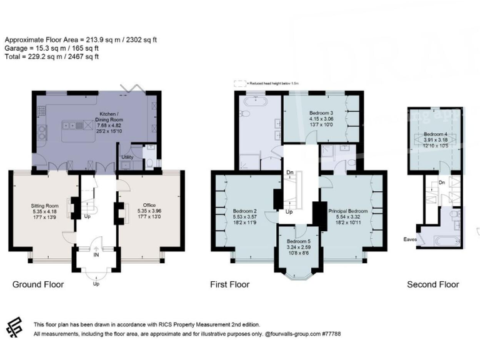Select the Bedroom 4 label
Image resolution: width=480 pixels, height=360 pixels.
(436, 134)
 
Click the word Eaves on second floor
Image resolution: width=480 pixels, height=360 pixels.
(410, 238)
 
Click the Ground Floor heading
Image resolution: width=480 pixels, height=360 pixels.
(38, 284)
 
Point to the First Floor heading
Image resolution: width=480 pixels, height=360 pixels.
(229, 284)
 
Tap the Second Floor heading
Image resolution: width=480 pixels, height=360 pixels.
(432, 284)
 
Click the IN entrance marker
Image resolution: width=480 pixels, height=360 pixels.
(96, 255)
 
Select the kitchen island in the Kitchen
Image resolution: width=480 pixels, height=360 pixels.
(78, 125)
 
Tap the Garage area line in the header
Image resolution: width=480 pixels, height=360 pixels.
(52, 48)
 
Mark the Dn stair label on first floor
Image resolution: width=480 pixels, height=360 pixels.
(289, 173)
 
